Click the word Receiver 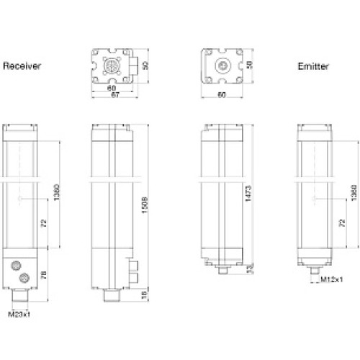pos(22,66)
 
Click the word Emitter pos(313,66)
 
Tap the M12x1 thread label pos(330,279)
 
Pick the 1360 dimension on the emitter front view pos(351,193)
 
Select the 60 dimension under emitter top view pos(222,94)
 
